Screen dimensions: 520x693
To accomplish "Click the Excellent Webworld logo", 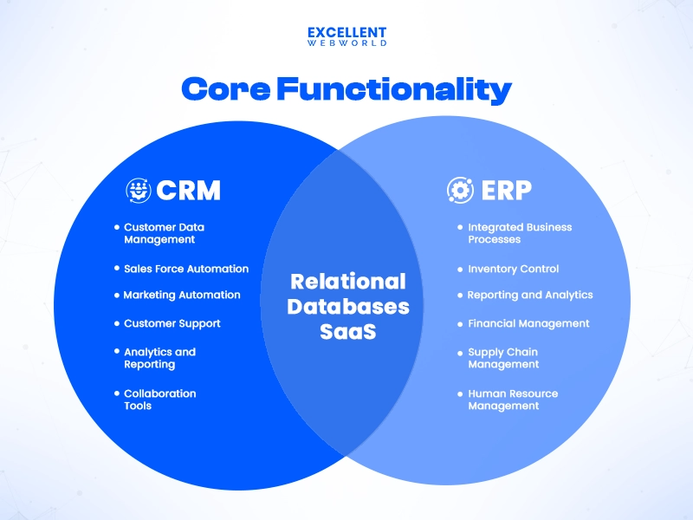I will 346,36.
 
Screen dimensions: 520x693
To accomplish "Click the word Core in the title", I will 223,88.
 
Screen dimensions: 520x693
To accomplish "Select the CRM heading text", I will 189,190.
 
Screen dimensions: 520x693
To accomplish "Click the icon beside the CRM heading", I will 139,190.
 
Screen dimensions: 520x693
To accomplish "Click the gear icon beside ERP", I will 460,190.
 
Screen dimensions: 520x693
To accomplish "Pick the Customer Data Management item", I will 164,233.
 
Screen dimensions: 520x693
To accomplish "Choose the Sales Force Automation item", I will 185,269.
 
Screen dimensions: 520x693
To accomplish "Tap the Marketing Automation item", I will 181,295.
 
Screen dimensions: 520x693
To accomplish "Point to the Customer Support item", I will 172,323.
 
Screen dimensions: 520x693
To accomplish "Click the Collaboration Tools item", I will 159,400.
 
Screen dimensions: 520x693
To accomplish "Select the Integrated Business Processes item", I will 519,233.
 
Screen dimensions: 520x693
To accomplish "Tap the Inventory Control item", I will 513,269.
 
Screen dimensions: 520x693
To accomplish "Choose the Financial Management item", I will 528,323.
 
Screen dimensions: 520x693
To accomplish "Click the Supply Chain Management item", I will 503,358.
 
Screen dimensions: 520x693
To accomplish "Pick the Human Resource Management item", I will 512,400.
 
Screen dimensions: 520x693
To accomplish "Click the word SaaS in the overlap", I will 347,331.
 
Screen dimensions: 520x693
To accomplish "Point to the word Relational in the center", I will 347,282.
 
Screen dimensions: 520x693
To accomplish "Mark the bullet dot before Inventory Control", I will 460,269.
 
